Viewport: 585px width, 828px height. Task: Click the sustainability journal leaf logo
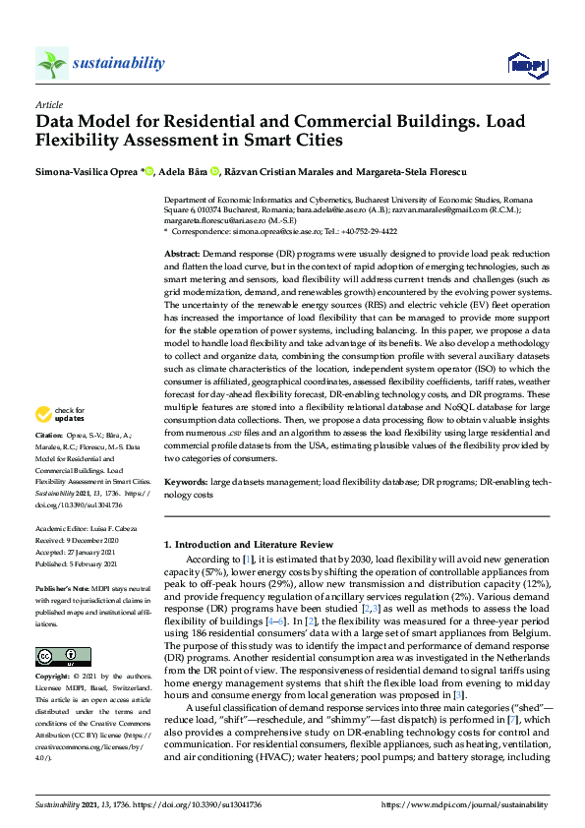click(51, 64)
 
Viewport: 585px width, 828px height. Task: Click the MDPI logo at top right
click(527, 65)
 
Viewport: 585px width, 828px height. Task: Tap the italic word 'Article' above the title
click(48, 103)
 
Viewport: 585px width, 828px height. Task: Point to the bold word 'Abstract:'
click(183, 254)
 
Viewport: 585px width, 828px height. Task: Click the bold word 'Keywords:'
click(186, 483)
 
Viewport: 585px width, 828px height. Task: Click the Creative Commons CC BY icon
click(55, 656)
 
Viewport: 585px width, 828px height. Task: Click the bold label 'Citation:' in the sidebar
click(50, 462)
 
